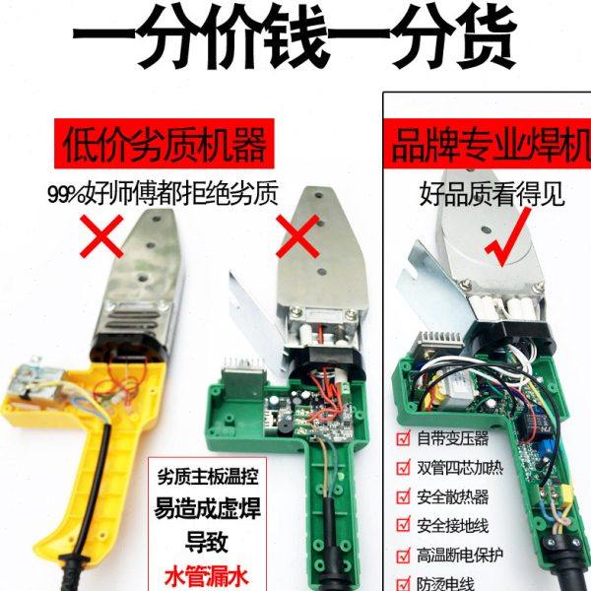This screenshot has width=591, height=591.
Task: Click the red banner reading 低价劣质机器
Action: pyautogui.click(x=164, y=146)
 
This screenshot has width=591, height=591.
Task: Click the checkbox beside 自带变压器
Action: pyautogui.click(x=401, y=436)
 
